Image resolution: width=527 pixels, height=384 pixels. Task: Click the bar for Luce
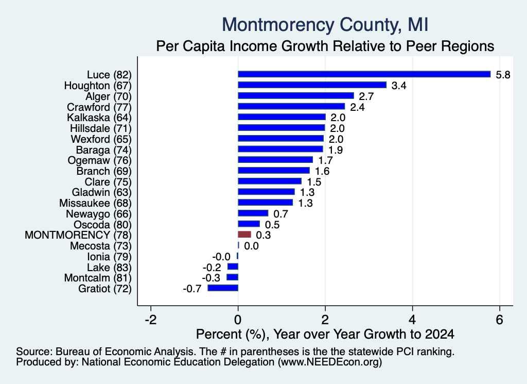[364, 74]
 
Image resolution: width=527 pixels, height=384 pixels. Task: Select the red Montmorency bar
[244, 235]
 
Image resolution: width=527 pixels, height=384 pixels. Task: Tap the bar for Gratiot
[223, 288]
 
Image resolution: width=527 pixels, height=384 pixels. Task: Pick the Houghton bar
[312, 85]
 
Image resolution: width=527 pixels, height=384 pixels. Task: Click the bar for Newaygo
[253, 213]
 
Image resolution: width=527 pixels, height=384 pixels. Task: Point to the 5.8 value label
[503, 75]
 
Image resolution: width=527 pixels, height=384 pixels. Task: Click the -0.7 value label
[192, 289]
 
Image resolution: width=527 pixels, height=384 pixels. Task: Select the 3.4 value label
[399, 86]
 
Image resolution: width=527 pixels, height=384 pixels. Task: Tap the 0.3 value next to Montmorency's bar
[263, 235]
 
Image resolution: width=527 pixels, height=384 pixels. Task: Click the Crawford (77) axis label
[99, 107]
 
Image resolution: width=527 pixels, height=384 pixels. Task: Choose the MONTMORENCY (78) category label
[78, 235]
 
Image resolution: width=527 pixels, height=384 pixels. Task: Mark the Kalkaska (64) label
[99, 118]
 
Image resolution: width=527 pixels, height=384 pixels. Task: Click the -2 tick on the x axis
[151, 320]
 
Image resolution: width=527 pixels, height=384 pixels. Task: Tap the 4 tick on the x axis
[412, 320]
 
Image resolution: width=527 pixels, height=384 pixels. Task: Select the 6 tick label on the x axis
[499, 320]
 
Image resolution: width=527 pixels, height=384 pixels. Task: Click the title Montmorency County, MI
[325, 25]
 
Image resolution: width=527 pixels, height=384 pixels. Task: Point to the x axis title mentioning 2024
[325, 334]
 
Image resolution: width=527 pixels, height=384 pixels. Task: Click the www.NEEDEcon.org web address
[330, 362]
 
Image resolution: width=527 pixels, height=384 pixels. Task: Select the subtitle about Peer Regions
[325, 46]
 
